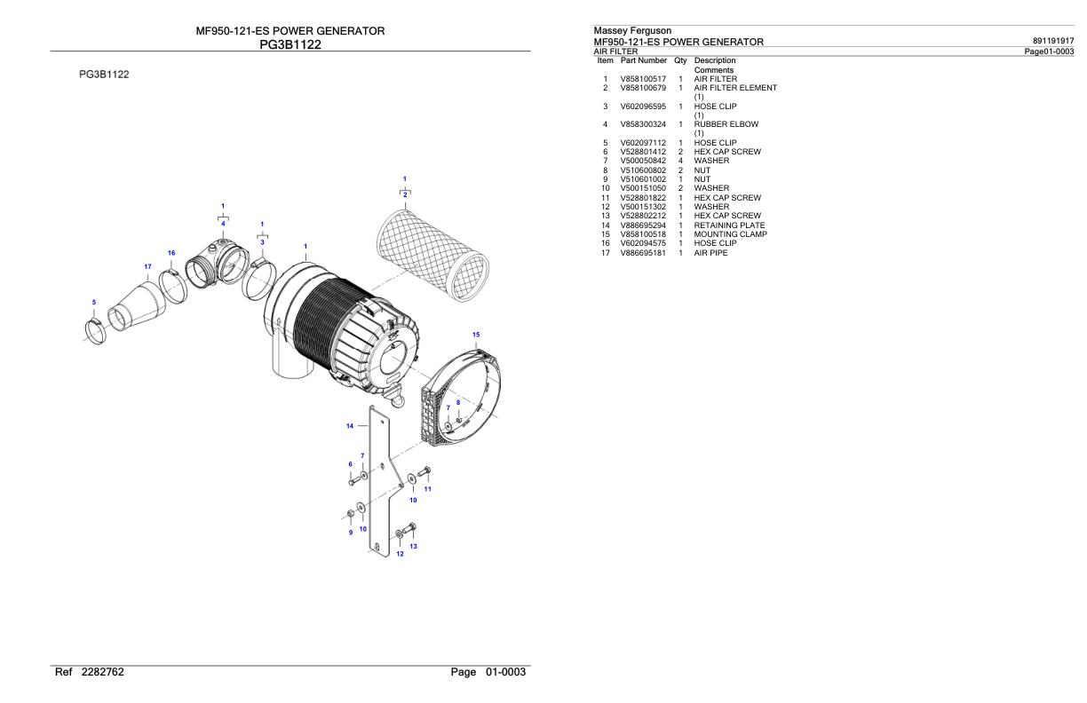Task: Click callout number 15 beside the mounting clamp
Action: point(476,334)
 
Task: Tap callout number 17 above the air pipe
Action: point(147,266)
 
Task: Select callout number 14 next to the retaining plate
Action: point(350,426)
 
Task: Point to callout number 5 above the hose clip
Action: point(94,303)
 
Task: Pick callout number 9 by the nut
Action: point(350,533)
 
